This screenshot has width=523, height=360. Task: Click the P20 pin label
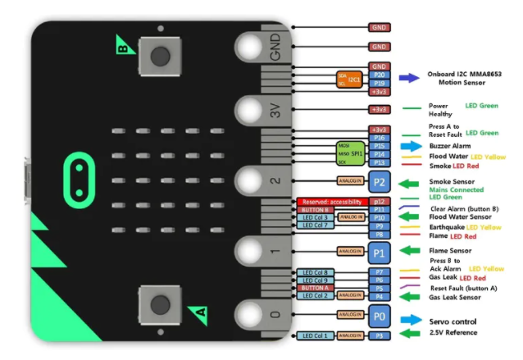click(x=379, y=75)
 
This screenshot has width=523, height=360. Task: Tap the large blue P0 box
click(x=378, y=316)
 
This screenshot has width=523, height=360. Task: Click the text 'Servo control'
click(x=453, y=321)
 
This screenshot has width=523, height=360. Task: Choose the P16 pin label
click(x=379, y=138)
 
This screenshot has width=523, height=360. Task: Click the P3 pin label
click(x=379, y=335)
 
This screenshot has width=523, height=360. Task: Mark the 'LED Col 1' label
click(x=315, y=335)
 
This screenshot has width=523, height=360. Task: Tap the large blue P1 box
click(x=378, y=251)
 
